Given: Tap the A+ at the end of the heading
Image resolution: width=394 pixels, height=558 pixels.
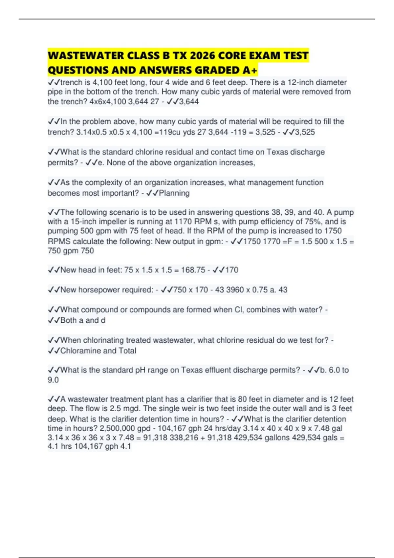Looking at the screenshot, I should tap(253, 70).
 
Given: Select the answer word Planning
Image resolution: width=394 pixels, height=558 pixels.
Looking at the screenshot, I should tap(174, 193).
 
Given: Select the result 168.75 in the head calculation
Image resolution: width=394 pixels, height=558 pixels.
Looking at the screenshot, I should tap(193, 270).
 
